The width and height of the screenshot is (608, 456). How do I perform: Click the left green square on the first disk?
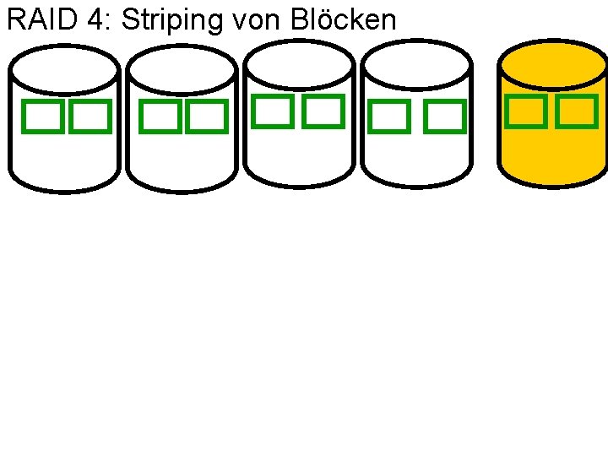click(x=42, y=117)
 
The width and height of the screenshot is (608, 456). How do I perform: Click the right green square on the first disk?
click(x=90, y=117)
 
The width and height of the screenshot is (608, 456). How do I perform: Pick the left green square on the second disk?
click(x=160, y=117)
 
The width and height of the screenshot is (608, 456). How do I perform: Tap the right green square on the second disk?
click(x=207, y=117)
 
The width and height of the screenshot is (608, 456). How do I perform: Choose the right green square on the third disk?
click(x=323, y=111)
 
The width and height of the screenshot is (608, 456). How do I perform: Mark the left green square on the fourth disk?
click(x=389, y=117)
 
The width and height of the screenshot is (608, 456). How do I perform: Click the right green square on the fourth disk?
click(x=444, y=117)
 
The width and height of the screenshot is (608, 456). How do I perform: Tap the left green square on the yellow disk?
click(x=525, y=111)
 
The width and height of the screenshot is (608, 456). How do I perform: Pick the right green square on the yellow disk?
click(x=577, y=111)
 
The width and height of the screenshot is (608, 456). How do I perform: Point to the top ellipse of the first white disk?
click(x=63, y=70)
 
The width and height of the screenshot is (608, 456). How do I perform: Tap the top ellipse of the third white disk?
click(x=298, y=65)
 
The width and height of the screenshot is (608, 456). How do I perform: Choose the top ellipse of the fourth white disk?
click(x=415, y=65)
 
